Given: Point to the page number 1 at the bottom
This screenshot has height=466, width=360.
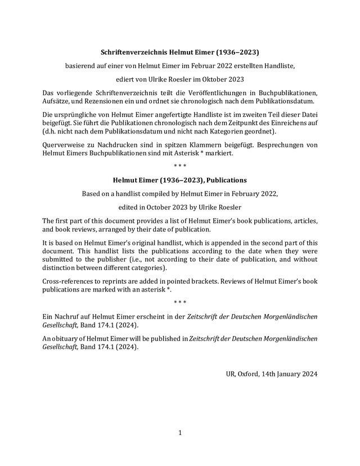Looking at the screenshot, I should point(180,433).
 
